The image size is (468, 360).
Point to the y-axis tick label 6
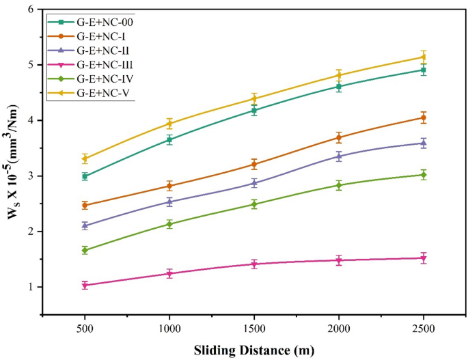click(x=29, y=10)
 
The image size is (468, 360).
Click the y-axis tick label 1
click(x=29, y=287)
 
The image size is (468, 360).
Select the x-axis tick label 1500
click(x=254, y=329)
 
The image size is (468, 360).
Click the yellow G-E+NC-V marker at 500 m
click(x=85, y=158)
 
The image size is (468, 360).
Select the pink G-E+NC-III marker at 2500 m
click(x=424, y=258)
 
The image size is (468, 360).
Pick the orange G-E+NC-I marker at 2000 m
click(x=339, y=137)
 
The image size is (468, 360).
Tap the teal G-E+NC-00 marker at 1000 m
click(x=169, y=139)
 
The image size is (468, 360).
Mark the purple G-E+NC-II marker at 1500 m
click(x=254, y=183)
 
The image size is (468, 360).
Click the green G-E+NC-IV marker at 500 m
click(x=85, y=250)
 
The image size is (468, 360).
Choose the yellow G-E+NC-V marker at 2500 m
click(x=424, y=57)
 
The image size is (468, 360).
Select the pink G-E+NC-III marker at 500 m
click(x=85, y=285)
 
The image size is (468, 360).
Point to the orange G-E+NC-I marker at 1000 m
click(x=169, y=186)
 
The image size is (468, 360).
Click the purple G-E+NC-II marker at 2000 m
click(x=339, y=156)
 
